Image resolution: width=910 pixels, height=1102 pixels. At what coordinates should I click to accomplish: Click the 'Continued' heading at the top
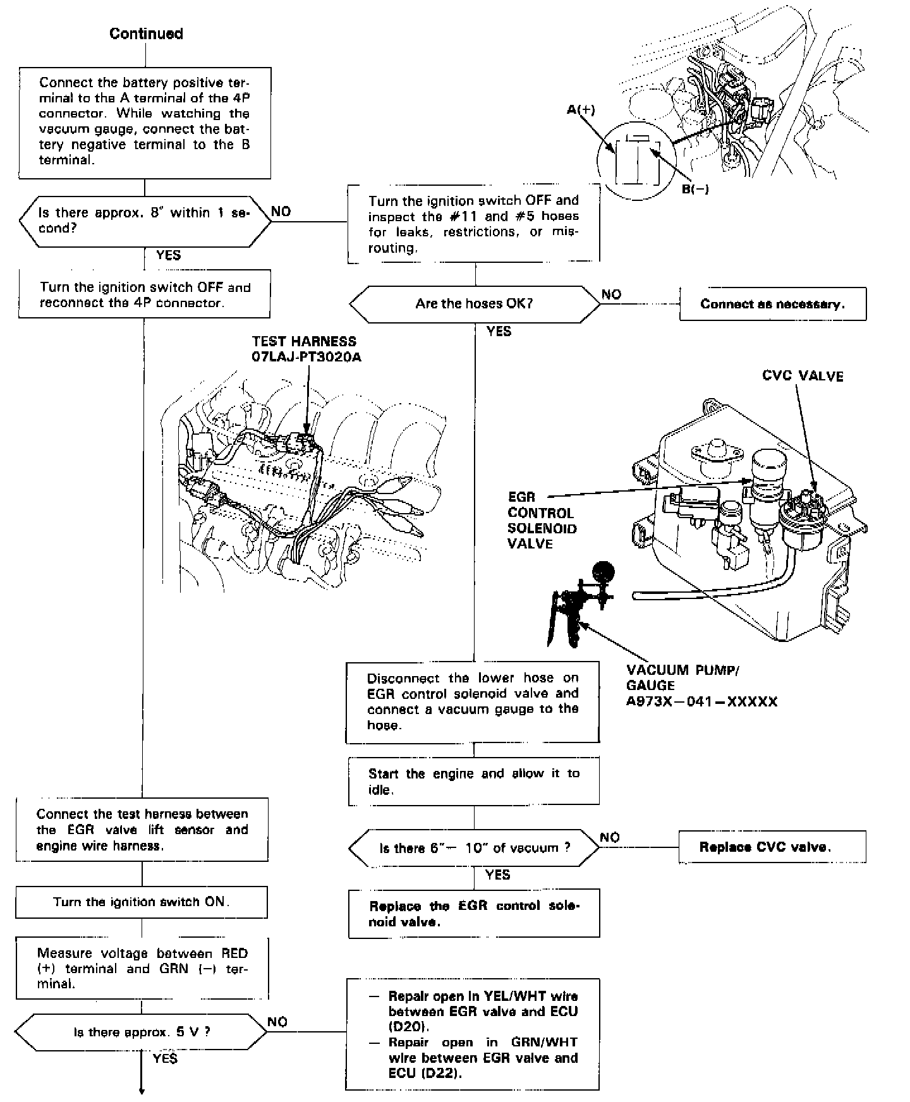tap(146, 34)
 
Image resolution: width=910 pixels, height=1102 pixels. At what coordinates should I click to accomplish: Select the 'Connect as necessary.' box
tap(772, 304)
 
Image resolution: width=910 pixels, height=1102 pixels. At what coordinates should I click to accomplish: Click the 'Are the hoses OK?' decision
tap(474, 303)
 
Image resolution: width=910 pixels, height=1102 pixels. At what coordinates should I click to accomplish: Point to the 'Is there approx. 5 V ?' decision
tap(142, 1032)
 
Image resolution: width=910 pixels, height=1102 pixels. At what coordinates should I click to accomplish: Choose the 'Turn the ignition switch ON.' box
tap(142, 902)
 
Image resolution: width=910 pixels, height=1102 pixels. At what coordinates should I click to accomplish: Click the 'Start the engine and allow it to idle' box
tap(473, 782)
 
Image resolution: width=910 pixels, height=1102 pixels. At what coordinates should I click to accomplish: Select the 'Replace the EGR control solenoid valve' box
tap(473, 914)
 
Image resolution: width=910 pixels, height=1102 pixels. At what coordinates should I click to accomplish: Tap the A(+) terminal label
tap(581, 110)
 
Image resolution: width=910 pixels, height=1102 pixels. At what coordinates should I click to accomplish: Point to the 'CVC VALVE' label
tap(803, 377)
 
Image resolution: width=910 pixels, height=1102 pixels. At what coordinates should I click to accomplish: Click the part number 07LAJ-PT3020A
tap(306, 357)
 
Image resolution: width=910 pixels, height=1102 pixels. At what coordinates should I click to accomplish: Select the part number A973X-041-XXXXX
tap(701, 701)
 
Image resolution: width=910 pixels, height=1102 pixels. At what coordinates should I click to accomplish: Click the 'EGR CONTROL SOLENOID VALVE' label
tap(541, 521)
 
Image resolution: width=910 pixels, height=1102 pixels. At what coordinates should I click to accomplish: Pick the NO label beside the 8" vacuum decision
tap(281, 212)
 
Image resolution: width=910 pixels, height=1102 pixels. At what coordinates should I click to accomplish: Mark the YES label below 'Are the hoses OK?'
tap(499, 331)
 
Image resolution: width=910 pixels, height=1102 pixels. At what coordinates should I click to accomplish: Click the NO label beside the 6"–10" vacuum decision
tap(610, 837)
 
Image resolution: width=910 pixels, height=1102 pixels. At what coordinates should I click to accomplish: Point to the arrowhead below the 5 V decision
tap(142, 1090)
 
